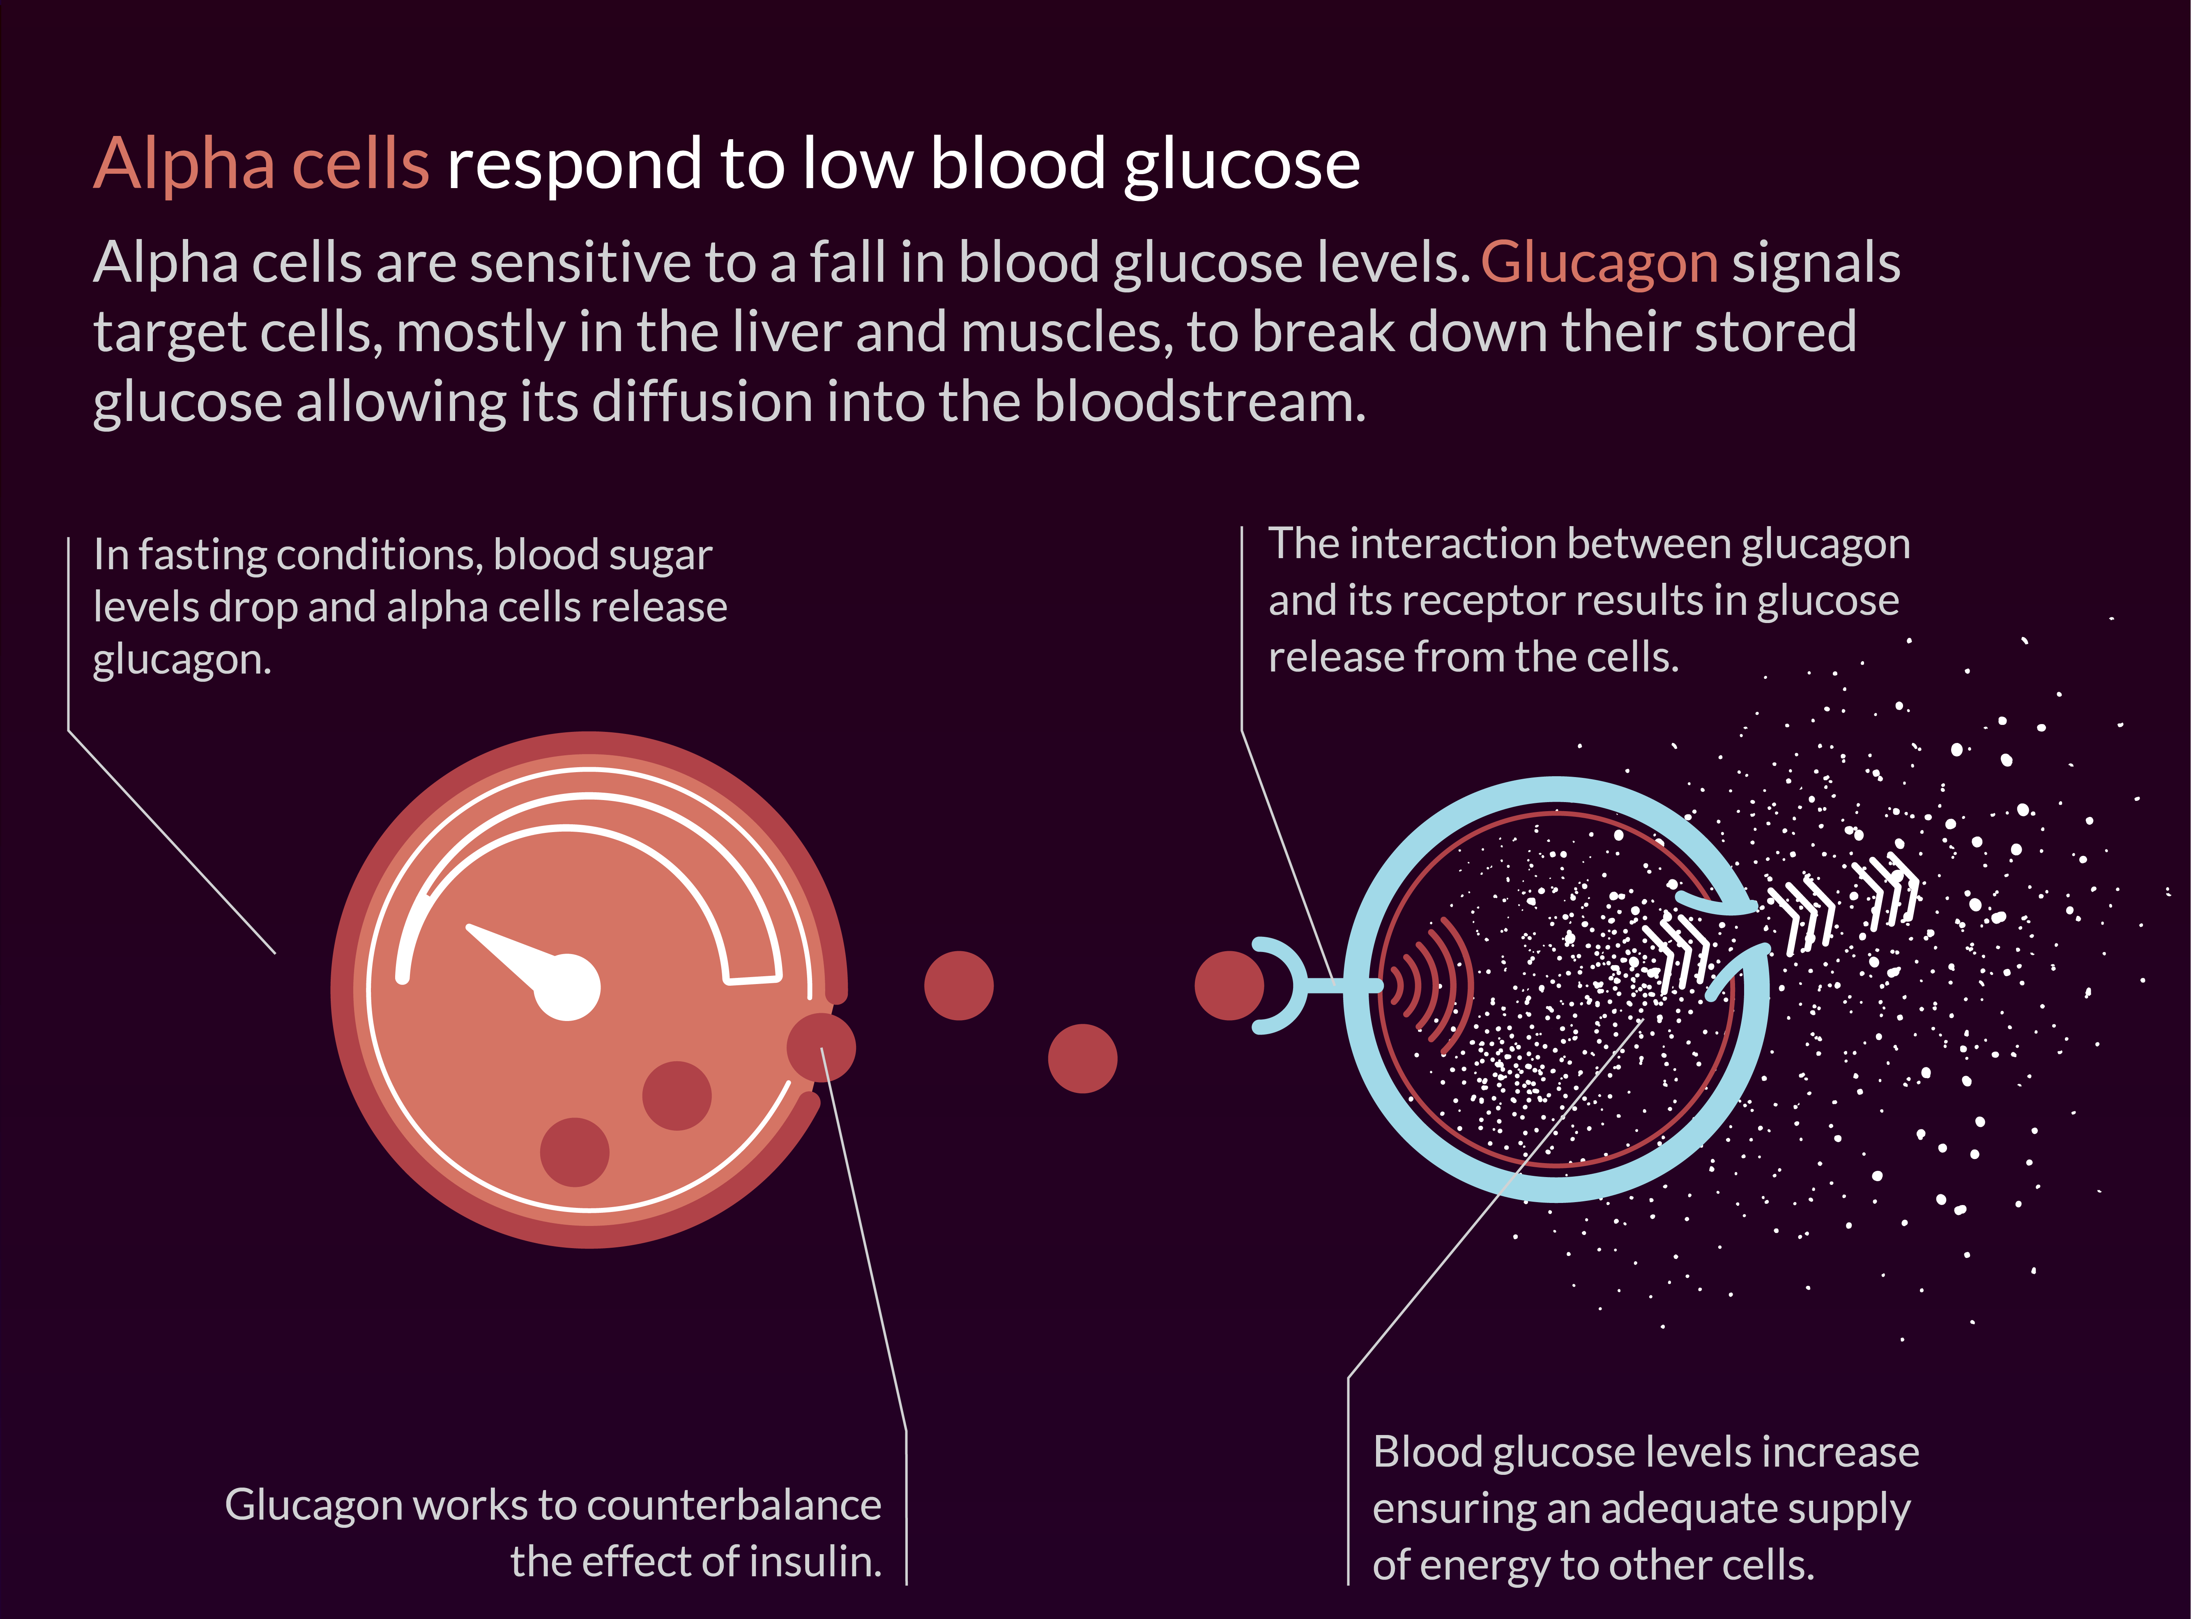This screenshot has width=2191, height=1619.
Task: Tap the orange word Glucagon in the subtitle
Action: (1599, 264)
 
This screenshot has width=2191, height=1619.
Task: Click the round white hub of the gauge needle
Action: (566, 987)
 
